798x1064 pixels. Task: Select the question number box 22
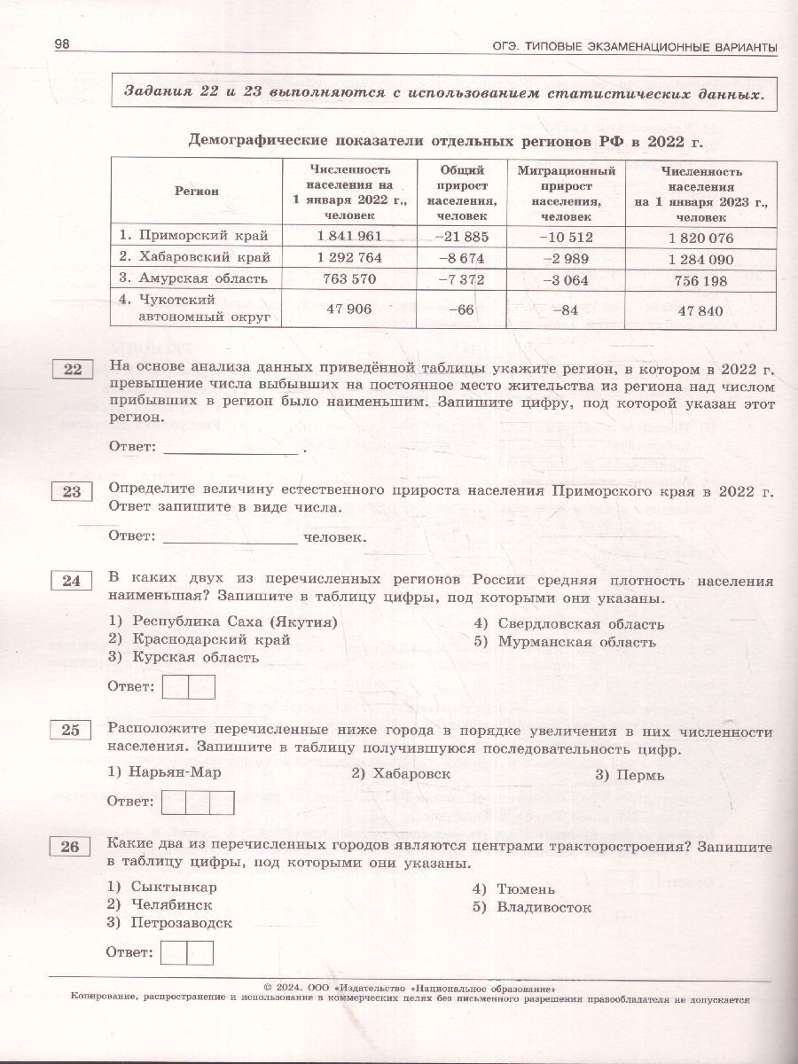73,370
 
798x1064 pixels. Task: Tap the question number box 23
73,493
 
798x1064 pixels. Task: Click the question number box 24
73,581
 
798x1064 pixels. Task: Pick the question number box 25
73,730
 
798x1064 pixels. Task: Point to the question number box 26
73,847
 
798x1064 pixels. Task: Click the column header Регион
197,191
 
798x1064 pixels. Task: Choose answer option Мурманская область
576,641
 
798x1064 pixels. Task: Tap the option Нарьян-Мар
175,772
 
